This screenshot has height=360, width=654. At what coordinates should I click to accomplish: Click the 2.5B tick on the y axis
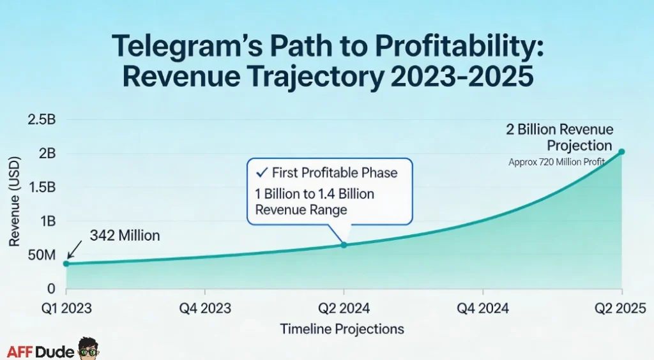(42, 119)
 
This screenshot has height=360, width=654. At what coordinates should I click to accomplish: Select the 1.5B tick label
(42, 188)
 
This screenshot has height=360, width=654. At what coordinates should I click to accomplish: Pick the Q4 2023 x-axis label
(205, 309)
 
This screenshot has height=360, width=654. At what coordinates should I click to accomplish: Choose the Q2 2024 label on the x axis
(344, 309)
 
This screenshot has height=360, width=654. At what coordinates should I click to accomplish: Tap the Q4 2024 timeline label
(483, 309)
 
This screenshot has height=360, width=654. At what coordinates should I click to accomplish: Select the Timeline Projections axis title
(342, 329)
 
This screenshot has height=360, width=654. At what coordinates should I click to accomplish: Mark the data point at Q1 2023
(66, 263)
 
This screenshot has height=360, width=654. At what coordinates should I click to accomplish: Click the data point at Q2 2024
(344, 245)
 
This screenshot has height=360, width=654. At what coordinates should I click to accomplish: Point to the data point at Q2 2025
(622, 152)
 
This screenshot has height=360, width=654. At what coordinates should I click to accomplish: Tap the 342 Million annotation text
(125, 236)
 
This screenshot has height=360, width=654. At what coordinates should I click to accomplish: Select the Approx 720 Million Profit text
(556, 162)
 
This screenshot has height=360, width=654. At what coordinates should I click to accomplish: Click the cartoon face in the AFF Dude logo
(88, 349)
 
